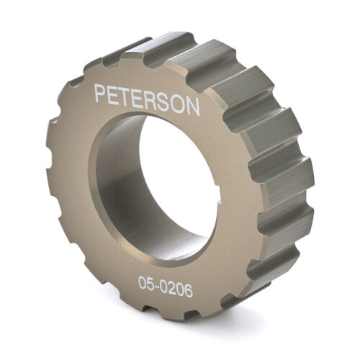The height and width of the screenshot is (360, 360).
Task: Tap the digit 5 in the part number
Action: tap(148, 283)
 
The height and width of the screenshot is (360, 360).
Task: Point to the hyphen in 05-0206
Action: tap(156, 284)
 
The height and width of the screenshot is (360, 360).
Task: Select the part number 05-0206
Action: tap(166, 283)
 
